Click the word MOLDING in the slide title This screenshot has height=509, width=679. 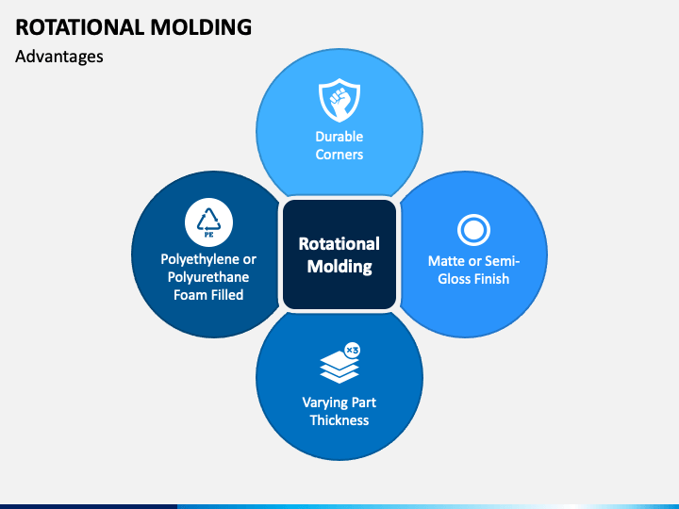point(200,26)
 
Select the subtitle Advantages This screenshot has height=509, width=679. point(59,57)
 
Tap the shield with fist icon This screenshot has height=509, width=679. point(339,99)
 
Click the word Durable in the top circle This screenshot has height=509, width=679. point(339,137)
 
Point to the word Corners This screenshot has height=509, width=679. point(339,155)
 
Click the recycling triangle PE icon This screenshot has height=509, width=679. point(207,222)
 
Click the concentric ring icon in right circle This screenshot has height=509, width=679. point(472,229)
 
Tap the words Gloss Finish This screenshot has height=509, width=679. point(473,279)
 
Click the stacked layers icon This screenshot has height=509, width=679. point(338,365)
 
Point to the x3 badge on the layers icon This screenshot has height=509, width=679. point(352,350)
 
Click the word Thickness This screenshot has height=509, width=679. point(339,420)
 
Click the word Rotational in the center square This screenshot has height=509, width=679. point(339,244)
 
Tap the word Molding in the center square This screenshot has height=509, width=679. point(339,267)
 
